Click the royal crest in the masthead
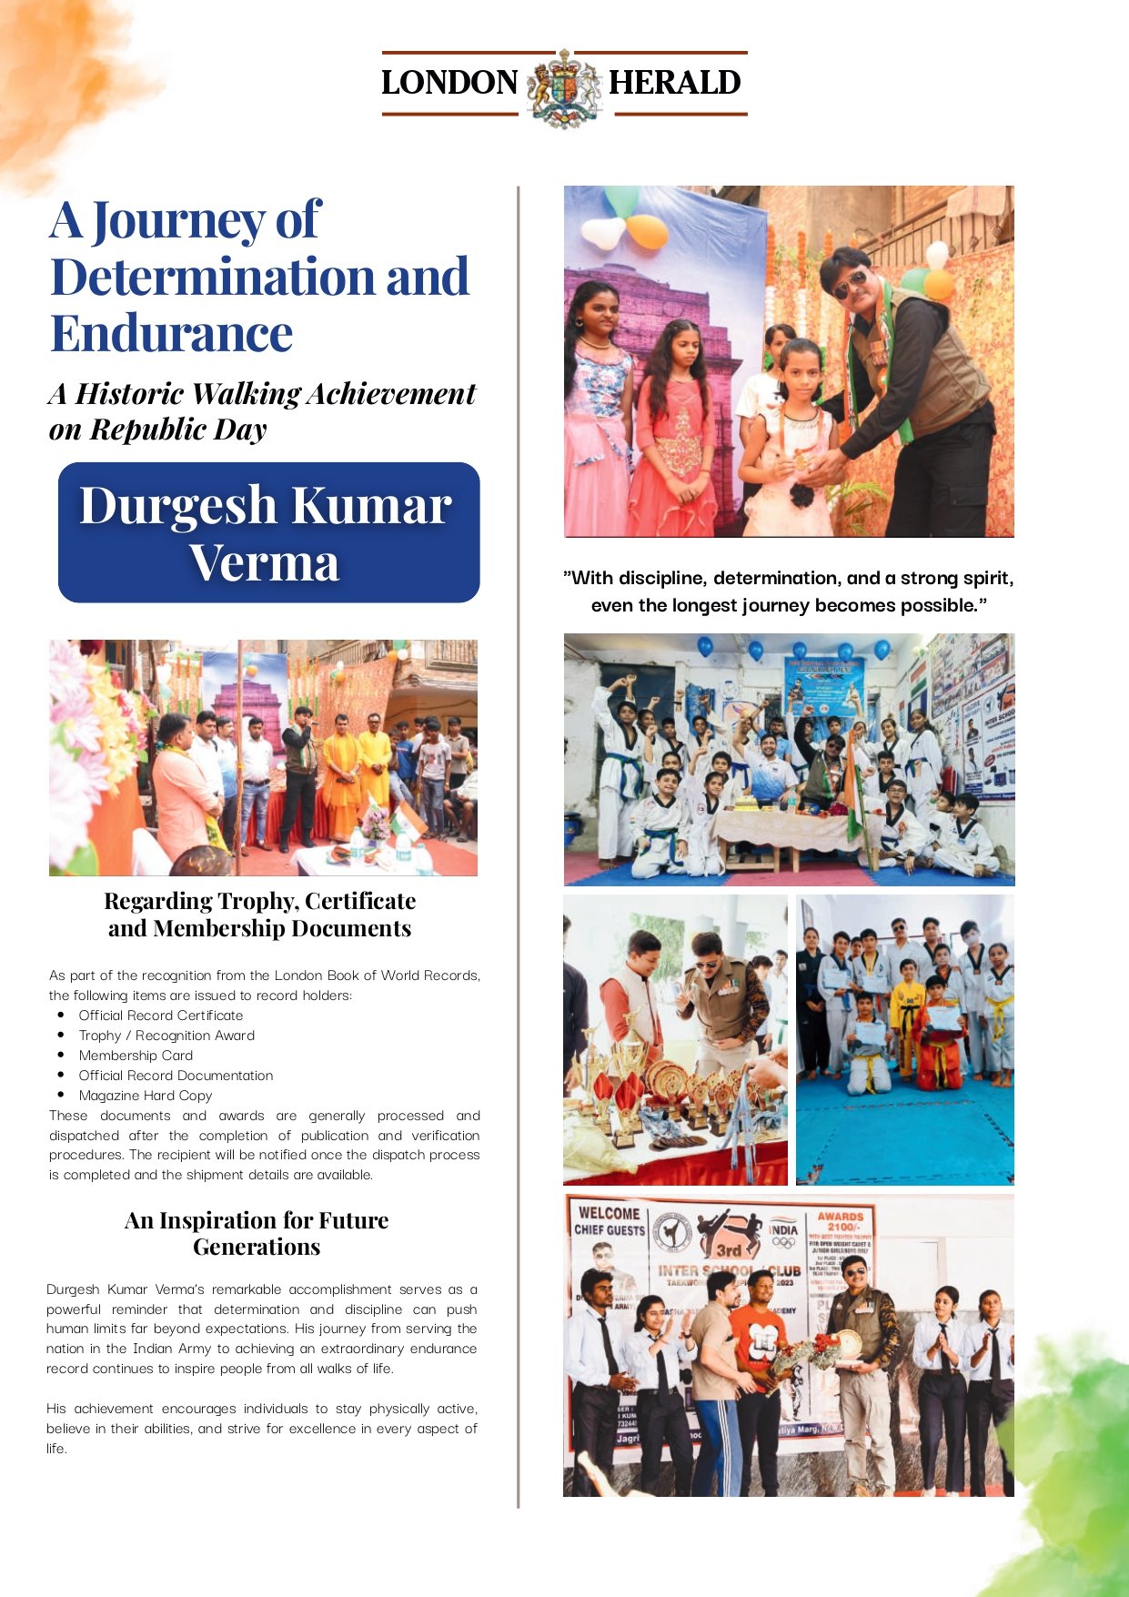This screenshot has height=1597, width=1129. (x=564, y=86)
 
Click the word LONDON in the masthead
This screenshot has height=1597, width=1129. (x=449, y=83)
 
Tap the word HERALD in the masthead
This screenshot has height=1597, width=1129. (x=674, y=83)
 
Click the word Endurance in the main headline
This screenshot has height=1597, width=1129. (x=171, y=333)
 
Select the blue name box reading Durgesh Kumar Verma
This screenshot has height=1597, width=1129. (x=268, y=532)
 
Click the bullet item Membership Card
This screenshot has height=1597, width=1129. (x=136, y=1056)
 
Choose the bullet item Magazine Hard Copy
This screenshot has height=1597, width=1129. (x=146, y=1096)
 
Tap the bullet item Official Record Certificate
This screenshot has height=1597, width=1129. (x=161, y=1016)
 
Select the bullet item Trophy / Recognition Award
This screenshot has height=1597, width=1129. (x=166, y=1036)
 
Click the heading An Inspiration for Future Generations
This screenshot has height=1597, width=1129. (x=257, y=1233)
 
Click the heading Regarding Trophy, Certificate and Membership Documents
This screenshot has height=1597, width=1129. (x=260, y=915)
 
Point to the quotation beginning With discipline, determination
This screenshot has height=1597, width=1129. (x=788, y=591)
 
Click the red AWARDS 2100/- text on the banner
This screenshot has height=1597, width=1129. (x=840, y=1221)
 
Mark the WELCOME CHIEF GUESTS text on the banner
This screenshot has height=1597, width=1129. (x=609, y=1221)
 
